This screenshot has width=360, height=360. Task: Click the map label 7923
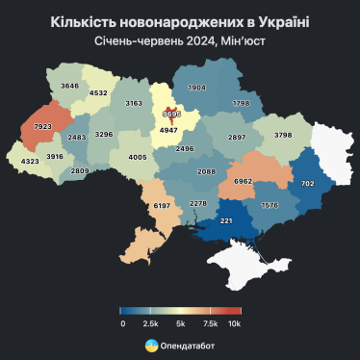[x=42, y=127]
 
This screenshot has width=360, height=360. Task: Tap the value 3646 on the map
[x=70, y=87]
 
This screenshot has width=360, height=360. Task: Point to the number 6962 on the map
[x=244, y=181]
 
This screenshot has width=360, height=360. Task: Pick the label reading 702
[x=308, y=183]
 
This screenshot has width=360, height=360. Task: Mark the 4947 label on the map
[x=170, y=127]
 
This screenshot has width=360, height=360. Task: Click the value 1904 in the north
[x=197, y=88]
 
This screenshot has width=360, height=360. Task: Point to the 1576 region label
[x=270, y=204]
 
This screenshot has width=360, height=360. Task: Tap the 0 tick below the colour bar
[x=122, y=323]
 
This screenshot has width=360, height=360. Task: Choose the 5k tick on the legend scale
[x=180, y=323]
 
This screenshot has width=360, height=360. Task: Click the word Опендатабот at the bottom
[x=189, y=345]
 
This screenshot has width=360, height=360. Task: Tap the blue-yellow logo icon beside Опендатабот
[x=151, y=345]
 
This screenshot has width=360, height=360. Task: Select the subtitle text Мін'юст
[x=244, y=40]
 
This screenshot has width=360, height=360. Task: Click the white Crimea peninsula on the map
[x=241, y=259]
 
